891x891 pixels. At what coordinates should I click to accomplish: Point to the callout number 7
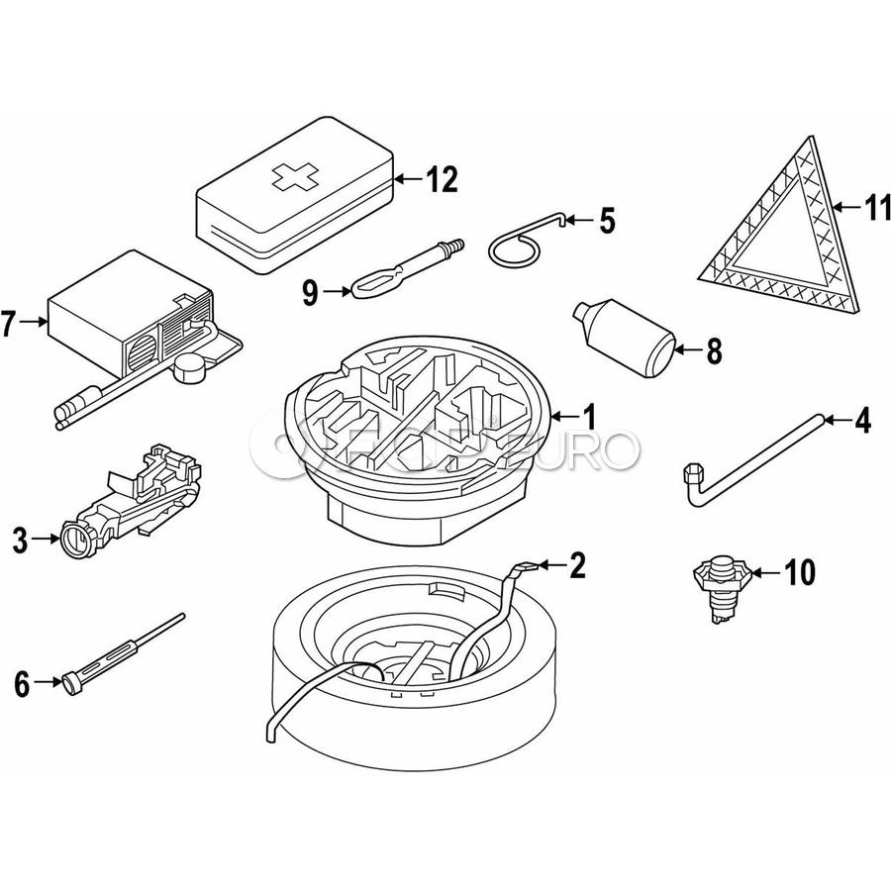coord(10,322)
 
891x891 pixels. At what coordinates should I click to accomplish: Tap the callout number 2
coord(578,566)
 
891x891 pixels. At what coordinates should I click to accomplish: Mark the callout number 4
coord(863,422)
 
